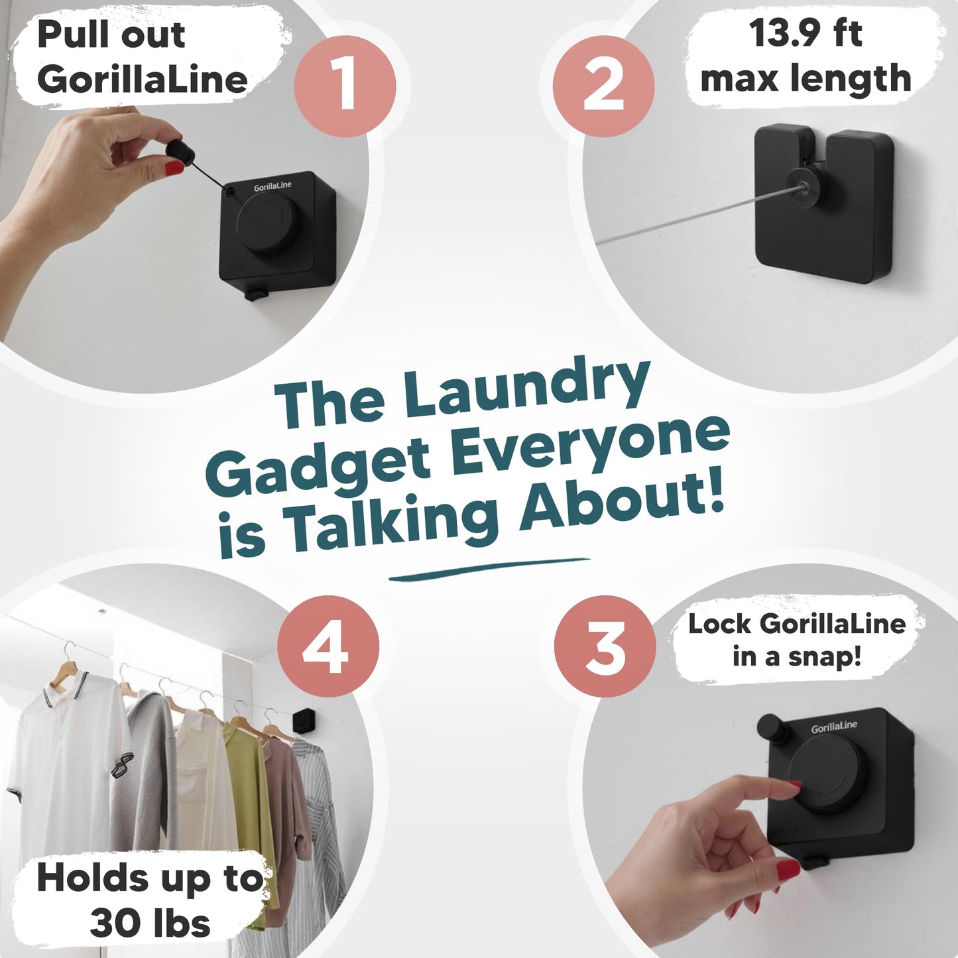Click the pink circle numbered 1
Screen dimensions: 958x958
tap(345, 86)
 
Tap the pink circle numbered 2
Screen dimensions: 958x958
tap(603, 86)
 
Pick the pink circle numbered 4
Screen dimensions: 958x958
tap(328, 647)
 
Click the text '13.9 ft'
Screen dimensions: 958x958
tap(805, 33)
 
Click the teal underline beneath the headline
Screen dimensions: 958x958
tap(489, 569)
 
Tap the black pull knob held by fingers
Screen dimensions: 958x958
tap(181, 152)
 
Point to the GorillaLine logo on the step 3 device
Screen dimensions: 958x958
tap(834, 728)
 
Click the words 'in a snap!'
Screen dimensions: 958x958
tap(797, 657)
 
